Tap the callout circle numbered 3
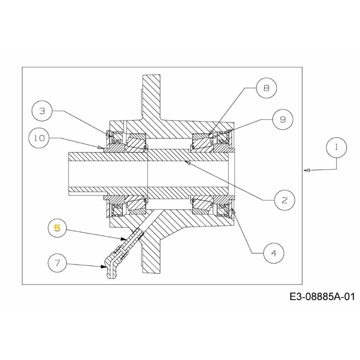(x=42, y=111)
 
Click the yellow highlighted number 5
(x=57, y=228)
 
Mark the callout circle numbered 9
(x=282, y=119)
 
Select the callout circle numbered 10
(x=40, y=138)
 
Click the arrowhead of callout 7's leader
(x=103, y=266)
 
